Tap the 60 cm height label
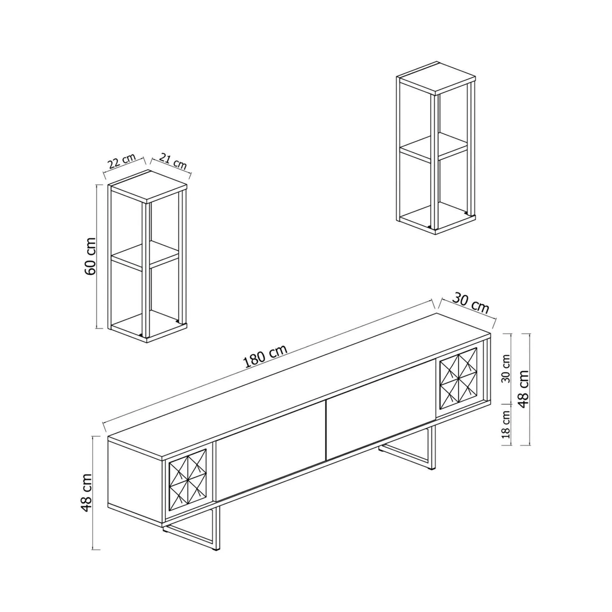pyautogui.click(x=91, y=256)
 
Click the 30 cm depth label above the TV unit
pyautogui.click(x=470, y=304)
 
